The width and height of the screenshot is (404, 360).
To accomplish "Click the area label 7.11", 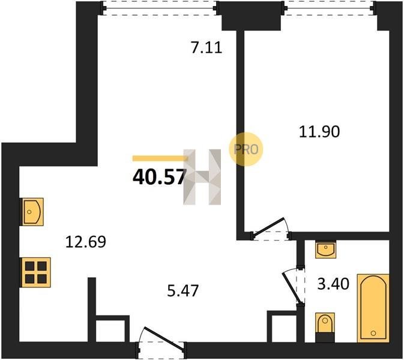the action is coord(207,48).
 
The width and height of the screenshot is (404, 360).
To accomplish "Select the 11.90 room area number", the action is coord(319,131).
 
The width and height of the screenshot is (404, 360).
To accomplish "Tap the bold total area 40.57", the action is coord(159,177).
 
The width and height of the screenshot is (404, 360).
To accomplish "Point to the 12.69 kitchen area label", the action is coord(85,242).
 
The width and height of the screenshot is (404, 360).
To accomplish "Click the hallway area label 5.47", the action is coord(182,290).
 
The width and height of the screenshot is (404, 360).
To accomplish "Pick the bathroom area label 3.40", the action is coord(333,284).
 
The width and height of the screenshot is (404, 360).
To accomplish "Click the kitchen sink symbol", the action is coord(32,212).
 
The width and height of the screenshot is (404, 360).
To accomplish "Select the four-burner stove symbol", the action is coord(35,272).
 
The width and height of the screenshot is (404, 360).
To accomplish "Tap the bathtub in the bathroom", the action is coord(373,308).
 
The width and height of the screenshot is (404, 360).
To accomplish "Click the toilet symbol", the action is coord(325,327).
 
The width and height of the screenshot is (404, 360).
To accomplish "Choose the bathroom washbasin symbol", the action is coord(326,249).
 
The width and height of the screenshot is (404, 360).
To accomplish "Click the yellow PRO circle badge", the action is coord(246,149).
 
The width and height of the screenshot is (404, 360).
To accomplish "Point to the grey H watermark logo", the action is coord(202,177).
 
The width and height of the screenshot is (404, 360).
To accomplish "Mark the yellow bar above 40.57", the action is coord(160,158).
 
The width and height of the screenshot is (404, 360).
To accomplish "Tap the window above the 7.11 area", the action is coord(160,8).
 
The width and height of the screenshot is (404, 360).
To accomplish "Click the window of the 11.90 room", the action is coord(328,8).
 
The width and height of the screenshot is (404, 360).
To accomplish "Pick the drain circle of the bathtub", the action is coord(373,333).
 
